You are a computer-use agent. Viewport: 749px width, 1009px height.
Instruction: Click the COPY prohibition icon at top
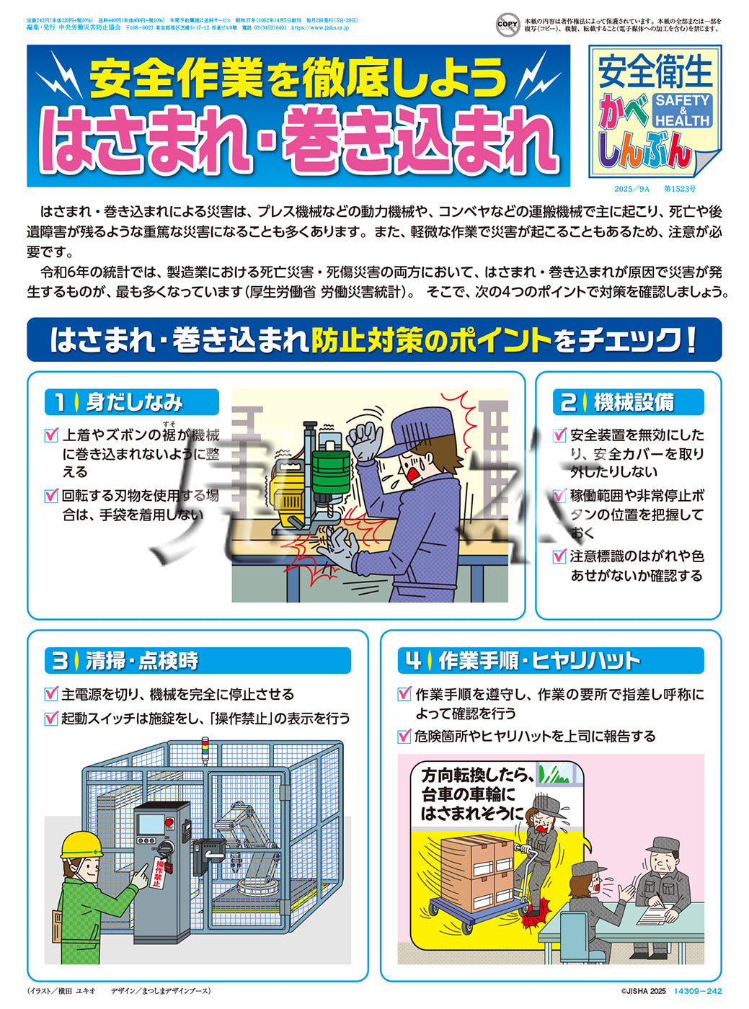[508, 25]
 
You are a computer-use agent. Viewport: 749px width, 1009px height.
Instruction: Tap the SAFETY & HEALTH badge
[682, 110]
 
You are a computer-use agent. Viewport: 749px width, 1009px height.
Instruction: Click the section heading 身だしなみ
[134, 402]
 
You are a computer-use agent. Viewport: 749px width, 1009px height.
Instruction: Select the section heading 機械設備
[634, 402]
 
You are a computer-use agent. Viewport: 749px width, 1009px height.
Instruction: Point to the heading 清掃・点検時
[141, 660]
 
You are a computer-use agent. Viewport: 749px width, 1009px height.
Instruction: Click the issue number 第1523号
[679, 189]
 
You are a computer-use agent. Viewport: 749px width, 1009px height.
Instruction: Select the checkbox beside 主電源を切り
[51, 694]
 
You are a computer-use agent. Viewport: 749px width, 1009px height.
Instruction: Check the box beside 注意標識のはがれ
[559, 556]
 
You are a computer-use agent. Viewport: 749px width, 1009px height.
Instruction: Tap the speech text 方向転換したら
[477, 776]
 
